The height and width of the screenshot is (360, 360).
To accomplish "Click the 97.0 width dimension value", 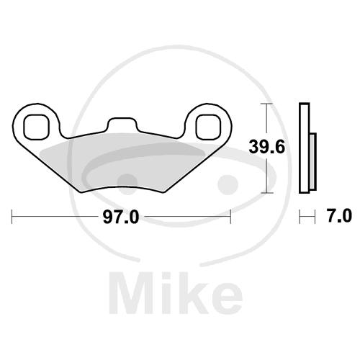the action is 121,217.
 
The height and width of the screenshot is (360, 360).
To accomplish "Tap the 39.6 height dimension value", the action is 266,147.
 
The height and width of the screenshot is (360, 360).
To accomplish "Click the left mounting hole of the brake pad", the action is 37,127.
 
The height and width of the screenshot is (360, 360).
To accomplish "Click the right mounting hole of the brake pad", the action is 208,127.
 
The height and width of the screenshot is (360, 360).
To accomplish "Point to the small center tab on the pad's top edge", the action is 122,125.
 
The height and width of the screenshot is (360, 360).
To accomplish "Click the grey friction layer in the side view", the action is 312,161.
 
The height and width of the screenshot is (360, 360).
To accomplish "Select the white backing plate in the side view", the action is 305,148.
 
